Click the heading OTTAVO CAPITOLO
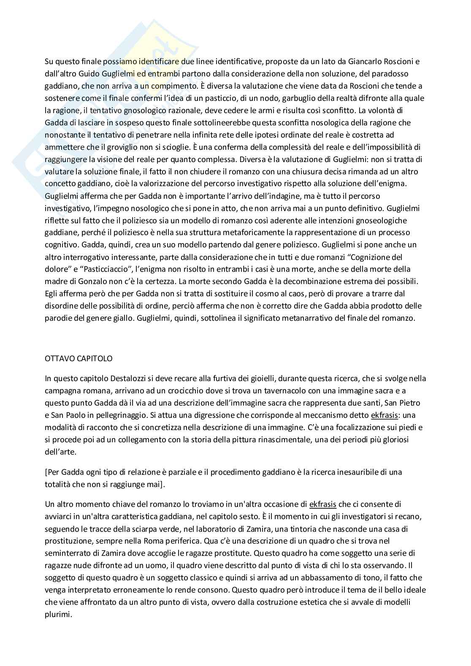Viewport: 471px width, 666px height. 78,359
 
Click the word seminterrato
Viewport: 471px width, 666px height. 65,553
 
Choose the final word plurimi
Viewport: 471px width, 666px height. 57,615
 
